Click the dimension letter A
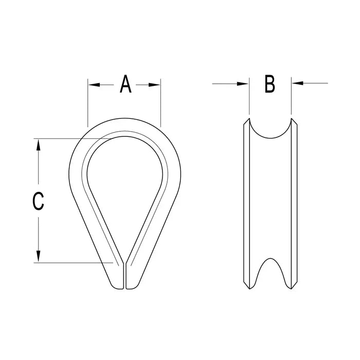125,84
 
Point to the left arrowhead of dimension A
93,84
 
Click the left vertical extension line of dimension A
88,103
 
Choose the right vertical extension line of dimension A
161,103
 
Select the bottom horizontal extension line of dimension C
72,263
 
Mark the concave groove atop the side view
270,131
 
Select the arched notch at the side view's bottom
271,273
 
